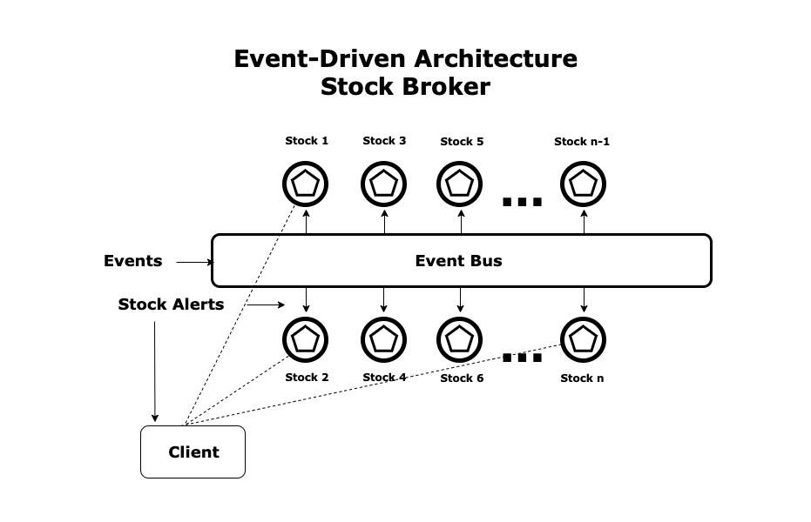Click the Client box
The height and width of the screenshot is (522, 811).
point(193,452)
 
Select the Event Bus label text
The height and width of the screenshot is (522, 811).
point(458,260)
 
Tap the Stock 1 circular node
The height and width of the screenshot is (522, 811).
point(306,184)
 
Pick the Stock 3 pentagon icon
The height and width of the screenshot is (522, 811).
point(384,184)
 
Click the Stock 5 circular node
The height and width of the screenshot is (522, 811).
point(459,184)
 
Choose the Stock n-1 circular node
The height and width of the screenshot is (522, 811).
point(583,184)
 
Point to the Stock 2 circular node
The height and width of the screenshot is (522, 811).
point(306,338)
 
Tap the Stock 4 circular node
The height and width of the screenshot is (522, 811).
point(384,338)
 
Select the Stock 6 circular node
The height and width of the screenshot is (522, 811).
point(459,338)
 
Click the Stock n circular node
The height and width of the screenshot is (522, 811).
point(583,338)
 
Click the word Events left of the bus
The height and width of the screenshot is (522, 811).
point(132,261)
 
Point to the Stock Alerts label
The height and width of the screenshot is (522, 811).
point(171,304)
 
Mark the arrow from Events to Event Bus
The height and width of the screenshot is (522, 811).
point(195,261)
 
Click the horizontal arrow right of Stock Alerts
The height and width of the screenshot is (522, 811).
point(266,304)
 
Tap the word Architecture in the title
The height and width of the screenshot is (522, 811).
point(495,59)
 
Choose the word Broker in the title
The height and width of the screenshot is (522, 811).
point(449,88)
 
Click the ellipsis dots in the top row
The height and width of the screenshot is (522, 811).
point(523,202)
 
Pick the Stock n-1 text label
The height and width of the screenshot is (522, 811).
point(582,142)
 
